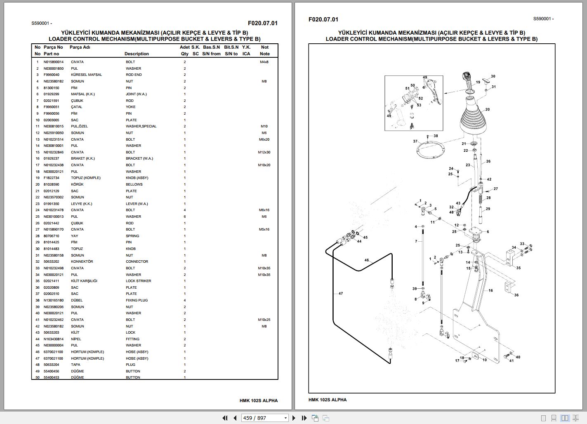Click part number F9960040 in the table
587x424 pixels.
click(52, 75)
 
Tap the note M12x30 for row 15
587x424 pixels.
click(264, 152)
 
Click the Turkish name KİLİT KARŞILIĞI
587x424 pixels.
click(84, 281)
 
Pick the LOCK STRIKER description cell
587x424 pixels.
click(138, 281)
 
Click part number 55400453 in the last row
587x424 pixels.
click(52, 377)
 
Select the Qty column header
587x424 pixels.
click(184, 54)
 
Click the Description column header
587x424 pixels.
click(137, 54)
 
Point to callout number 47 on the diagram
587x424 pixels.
click(341, 294)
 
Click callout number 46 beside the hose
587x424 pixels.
click(367, 260)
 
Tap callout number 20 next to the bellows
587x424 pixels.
click(487, 110)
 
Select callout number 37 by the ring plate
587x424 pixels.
click(415, 141)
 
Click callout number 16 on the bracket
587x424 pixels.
click(490, 291)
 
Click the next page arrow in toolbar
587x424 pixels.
click(294, 418)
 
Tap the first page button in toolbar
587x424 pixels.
click(225, 418)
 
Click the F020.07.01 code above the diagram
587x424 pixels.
click(323, 19)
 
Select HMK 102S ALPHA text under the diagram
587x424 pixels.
click(328, 400)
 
